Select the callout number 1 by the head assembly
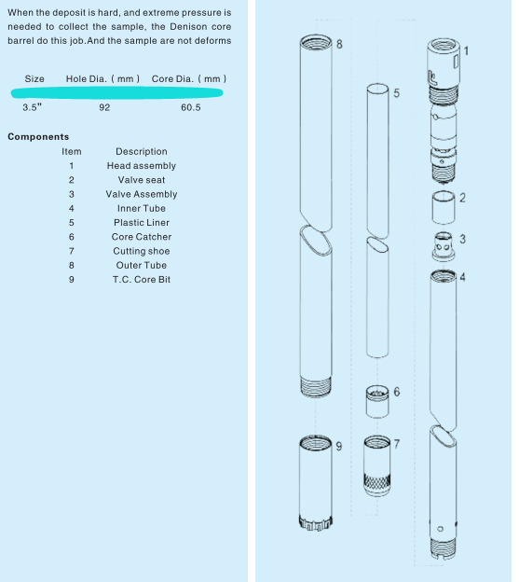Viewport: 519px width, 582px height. pos(466,50)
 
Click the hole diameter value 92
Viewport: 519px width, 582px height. pos(103,107)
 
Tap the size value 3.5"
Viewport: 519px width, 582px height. pos(33,107)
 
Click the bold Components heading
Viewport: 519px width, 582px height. pos(37,137)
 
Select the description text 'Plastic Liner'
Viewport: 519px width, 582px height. pos(142,223)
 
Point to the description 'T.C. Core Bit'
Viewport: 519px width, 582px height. pos(142,280)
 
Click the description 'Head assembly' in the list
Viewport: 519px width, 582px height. pos(142,166)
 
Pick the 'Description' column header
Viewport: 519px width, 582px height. pos(142,151)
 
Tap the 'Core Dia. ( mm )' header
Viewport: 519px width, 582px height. pos(188,77)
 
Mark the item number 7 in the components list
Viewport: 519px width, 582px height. pos(71,251)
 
